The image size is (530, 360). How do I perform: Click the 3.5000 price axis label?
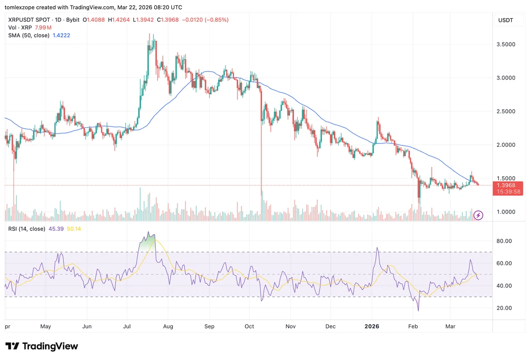tap(506, 44)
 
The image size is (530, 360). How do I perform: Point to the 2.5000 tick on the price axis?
tap(506, 111)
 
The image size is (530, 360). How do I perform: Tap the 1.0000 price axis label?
tap(506, 212)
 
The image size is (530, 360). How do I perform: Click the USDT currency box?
tap(506, 20)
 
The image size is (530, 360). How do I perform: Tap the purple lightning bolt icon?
tap(478, 215)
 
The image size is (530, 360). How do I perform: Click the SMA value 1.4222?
tap(62, 36)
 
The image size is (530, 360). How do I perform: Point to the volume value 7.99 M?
tap(43, 28)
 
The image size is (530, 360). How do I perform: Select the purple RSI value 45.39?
tap(56, 229)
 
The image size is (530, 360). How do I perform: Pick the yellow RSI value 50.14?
tap(74, 229)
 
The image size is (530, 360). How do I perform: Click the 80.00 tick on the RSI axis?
tap(504, 241)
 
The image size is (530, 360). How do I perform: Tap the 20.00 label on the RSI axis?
tap(504, 308)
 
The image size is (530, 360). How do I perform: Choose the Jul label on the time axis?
tap(127, 326)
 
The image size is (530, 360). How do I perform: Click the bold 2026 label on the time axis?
tap(372, 326)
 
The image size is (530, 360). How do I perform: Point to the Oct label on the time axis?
tap(249, 326)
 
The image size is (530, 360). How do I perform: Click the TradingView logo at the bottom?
tap(41, 346)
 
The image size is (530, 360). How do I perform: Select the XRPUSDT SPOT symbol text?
tap(29, 20)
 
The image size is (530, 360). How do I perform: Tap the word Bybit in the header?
tap(72, 20)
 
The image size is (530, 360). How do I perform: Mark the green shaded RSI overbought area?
tap(148, 243)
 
